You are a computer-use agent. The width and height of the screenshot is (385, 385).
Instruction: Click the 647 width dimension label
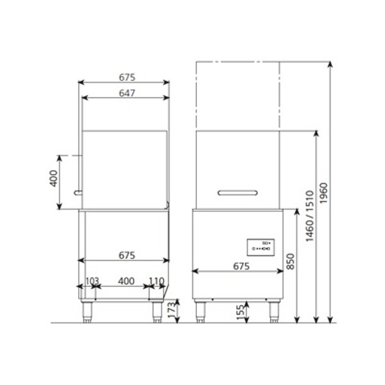pos(127,93)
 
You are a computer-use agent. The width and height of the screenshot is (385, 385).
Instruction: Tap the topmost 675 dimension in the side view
pos(127,78)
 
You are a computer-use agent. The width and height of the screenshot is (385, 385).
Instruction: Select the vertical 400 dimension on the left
pos(53,178)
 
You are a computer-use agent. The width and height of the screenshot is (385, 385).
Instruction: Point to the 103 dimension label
pos(92,281)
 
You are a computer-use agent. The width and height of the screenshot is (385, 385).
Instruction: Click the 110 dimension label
pos(157,281)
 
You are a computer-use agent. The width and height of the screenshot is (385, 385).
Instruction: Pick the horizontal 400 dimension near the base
pos(126,281)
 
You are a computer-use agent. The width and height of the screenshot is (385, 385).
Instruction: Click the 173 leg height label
pos(172,309)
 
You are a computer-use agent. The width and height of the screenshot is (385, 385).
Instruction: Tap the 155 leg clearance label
pos(241,312)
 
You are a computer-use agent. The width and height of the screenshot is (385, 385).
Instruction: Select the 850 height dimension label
pos(291,262)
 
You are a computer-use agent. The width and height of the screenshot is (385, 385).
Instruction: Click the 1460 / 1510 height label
pos(310,216)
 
